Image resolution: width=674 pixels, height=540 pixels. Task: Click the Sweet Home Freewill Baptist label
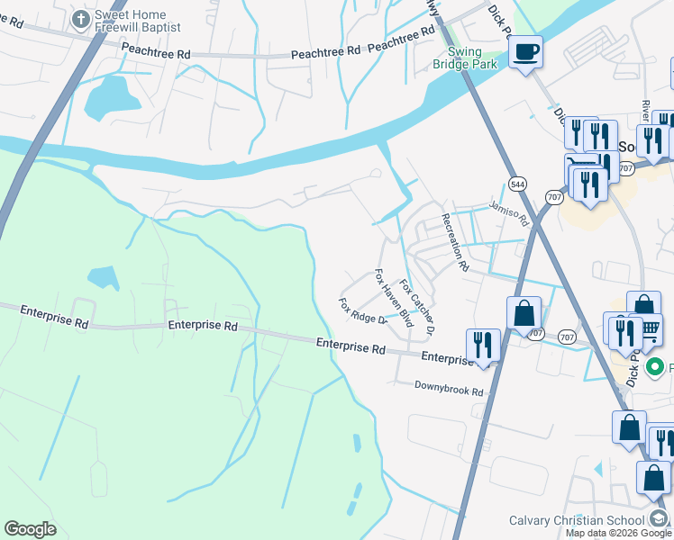136,24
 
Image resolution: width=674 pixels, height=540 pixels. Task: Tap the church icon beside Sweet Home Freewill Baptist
81,17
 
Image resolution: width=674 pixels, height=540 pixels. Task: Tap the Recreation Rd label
454,243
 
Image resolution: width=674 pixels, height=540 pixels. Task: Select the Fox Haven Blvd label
393,297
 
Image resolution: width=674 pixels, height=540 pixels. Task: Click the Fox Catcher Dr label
417,308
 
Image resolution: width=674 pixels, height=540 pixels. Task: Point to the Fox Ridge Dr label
362,311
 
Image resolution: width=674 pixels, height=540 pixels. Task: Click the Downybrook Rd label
449,391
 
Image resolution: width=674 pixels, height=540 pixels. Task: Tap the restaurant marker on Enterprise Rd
483,344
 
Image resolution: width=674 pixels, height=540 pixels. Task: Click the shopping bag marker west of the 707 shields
524,313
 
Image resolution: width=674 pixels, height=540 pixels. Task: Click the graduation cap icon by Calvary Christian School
660,519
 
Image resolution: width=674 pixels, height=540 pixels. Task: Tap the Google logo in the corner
30,529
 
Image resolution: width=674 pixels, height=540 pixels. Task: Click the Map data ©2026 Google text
617,533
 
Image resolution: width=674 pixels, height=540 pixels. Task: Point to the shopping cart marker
650,329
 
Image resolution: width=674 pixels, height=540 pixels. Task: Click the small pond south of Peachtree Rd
106,98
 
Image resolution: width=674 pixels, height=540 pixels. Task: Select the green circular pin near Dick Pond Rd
656,367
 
